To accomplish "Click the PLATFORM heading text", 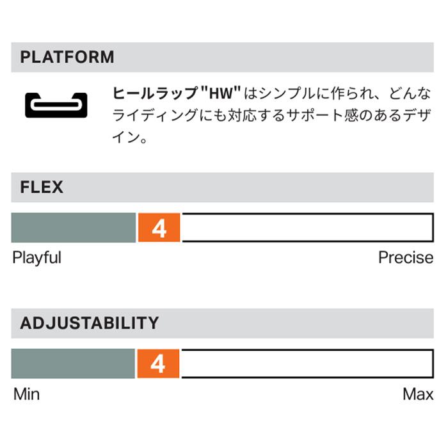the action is tap(67, 57).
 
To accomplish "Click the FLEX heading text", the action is tap(42, 187).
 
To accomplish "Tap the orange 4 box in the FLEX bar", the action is tap(159, 228).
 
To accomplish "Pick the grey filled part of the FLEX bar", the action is tap(74, 228).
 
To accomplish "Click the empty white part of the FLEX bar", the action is tap(308, 228).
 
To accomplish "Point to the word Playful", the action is tap(37, 258).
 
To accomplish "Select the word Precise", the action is tap(406, 258).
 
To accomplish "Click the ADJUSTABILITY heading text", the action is tap(90, 323).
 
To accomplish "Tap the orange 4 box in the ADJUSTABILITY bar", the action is tap(158, 364).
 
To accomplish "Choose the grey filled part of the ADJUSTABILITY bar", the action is tap(73, 364).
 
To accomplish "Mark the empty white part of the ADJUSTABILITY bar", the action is tap(308, 364).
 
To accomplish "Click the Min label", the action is tap(27, 394).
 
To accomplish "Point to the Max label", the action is tap(418, 394).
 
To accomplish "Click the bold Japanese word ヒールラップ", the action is tap(156, 93).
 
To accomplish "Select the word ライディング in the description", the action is tap(155, 115).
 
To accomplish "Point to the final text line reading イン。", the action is tap(130, 138).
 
